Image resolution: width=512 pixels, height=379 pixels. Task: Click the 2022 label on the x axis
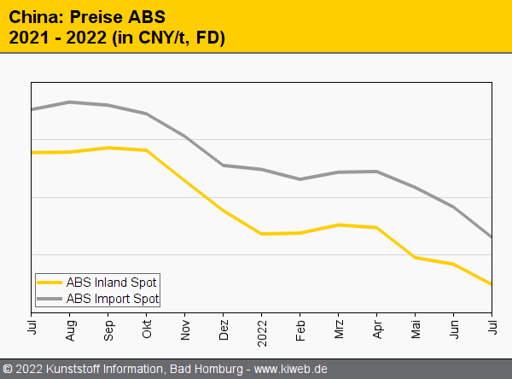click(x=262, y=329)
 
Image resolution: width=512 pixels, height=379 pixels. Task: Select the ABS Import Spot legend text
click(x=113, y=298)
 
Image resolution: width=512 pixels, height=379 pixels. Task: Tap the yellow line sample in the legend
click(x=50, y=283)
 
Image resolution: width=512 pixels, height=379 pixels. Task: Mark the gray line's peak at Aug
click(x=70, y=102)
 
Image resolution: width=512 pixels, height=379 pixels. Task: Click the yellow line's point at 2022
click(x=262, y=234)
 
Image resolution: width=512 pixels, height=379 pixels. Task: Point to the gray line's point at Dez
click(x=224, y=166)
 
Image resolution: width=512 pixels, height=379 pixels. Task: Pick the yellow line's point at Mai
click(x=416, y=257)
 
